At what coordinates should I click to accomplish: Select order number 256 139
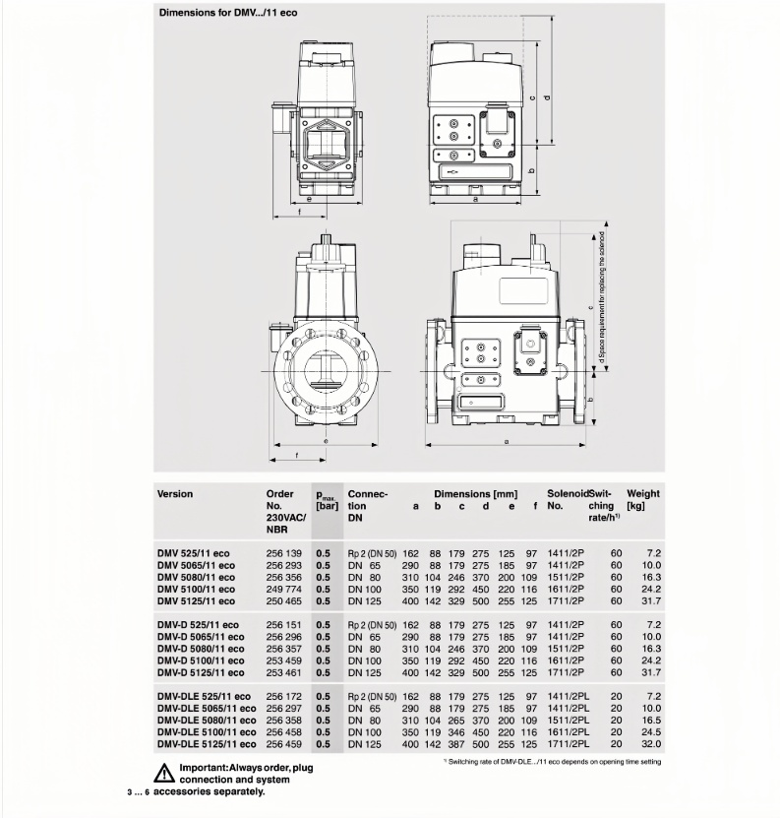coord(283,554)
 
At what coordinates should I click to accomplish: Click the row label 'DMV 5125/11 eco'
coord(197,600)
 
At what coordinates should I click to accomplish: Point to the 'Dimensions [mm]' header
coord(476,493)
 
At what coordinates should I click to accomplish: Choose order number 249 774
coord(283,589)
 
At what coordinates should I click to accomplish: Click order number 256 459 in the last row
coord(283,743)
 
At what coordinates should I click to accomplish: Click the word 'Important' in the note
coord(205,768)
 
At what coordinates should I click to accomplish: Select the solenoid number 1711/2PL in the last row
coord(568,743)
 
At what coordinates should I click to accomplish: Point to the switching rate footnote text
coord(554,762)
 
